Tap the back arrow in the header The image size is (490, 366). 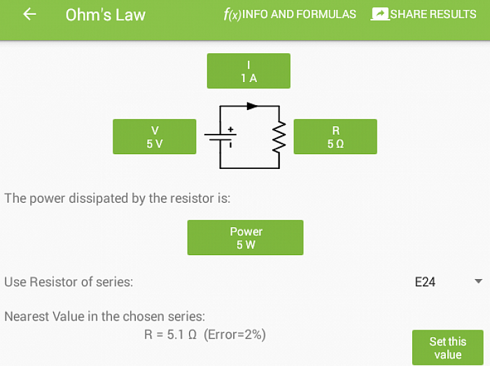point(29,14)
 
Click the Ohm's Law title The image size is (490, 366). point(105,15)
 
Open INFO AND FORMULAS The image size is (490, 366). point(299,14)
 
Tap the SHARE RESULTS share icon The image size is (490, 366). point(380,14)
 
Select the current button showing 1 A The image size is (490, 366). point(248,71)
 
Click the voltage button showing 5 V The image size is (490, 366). point(155,137)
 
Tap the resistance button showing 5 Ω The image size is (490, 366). point(335,137)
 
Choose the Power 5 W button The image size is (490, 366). point(245,238)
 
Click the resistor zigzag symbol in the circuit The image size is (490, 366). point(279,137)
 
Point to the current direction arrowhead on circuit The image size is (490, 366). point(252,106)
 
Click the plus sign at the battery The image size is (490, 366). point(230,129)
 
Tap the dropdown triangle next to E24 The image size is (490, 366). point(478,281)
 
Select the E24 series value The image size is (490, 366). point(425,282)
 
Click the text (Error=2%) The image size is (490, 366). point(234,334)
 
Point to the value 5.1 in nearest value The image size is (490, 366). point(175,334)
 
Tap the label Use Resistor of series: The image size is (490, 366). point(69,282)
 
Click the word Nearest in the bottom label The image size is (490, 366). point(27,316)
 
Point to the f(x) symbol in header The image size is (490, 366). point(232,15)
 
